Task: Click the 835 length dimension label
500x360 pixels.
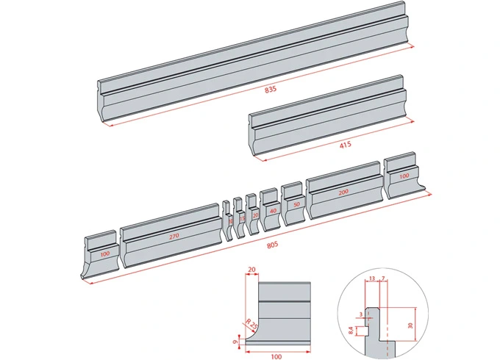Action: point(271,90)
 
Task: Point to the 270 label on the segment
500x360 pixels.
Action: point(174,237)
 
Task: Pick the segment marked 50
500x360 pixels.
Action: point(296,204)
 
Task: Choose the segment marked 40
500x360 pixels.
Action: point(273,210)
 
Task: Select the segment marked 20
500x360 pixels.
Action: point(255,215)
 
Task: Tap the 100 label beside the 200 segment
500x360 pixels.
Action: point(404,176)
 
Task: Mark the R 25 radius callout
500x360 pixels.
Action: point(251,323)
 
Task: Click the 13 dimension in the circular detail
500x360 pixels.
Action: point(372,278)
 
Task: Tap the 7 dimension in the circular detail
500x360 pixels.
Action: point(382,278)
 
